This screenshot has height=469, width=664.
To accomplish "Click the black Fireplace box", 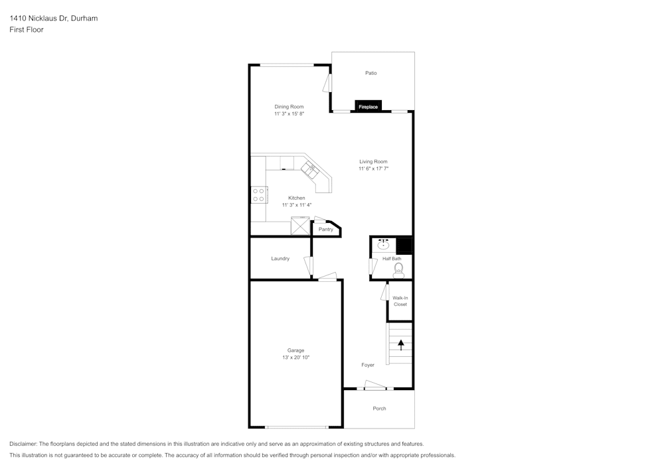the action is pyautogui.click(x=368, y=106).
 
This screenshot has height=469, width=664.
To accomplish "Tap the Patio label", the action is pyautogui.click(x=371, y=73).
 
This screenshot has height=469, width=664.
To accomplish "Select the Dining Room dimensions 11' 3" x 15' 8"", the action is pyautogui.click(x=290, y=113).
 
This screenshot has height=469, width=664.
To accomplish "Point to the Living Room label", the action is pyautogui.click(x=373, y=162).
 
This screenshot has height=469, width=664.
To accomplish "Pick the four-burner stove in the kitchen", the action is pyautogui.click(x=259, y=194).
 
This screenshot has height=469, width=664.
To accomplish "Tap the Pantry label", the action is pyautogui.click(x=325, y=230).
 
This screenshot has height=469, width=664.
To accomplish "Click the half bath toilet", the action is pyautogui.click(x=398, y=270).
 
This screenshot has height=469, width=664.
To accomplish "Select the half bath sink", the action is pyautogui.click(x=383, y=244).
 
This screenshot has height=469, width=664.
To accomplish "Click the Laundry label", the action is pyautogui.click(x=280, y=259).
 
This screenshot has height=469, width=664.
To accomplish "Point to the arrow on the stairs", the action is pyautogui.click(x=400, y=345).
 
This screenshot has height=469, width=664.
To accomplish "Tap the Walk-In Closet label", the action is pyautogui.click(x=400, y=301).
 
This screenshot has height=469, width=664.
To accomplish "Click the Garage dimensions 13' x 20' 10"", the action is pyautogui.click(x=296, y=358).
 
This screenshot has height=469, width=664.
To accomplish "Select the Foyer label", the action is pyautogui.click(x=368, y=365).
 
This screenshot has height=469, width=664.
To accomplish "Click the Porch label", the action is pyautogui.click(x=379, y=409).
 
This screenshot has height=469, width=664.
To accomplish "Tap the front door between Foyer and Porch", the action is pyautogui.click(x=375, y=385).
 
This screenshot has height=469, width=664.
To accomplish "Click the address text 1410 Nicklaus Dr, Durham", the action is pyautogui.click(x=54, y=18).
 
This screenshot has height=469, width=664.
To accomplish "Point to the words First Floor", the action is pyautogui.click(x=27, y=30).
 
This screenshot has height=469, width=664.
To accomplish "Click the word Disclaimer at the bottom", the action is pyautogui.click(x=23, y=444).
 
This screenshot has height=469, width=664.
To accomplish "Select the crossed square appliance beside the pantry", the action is pyautogui.click(x=300, y=226).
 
